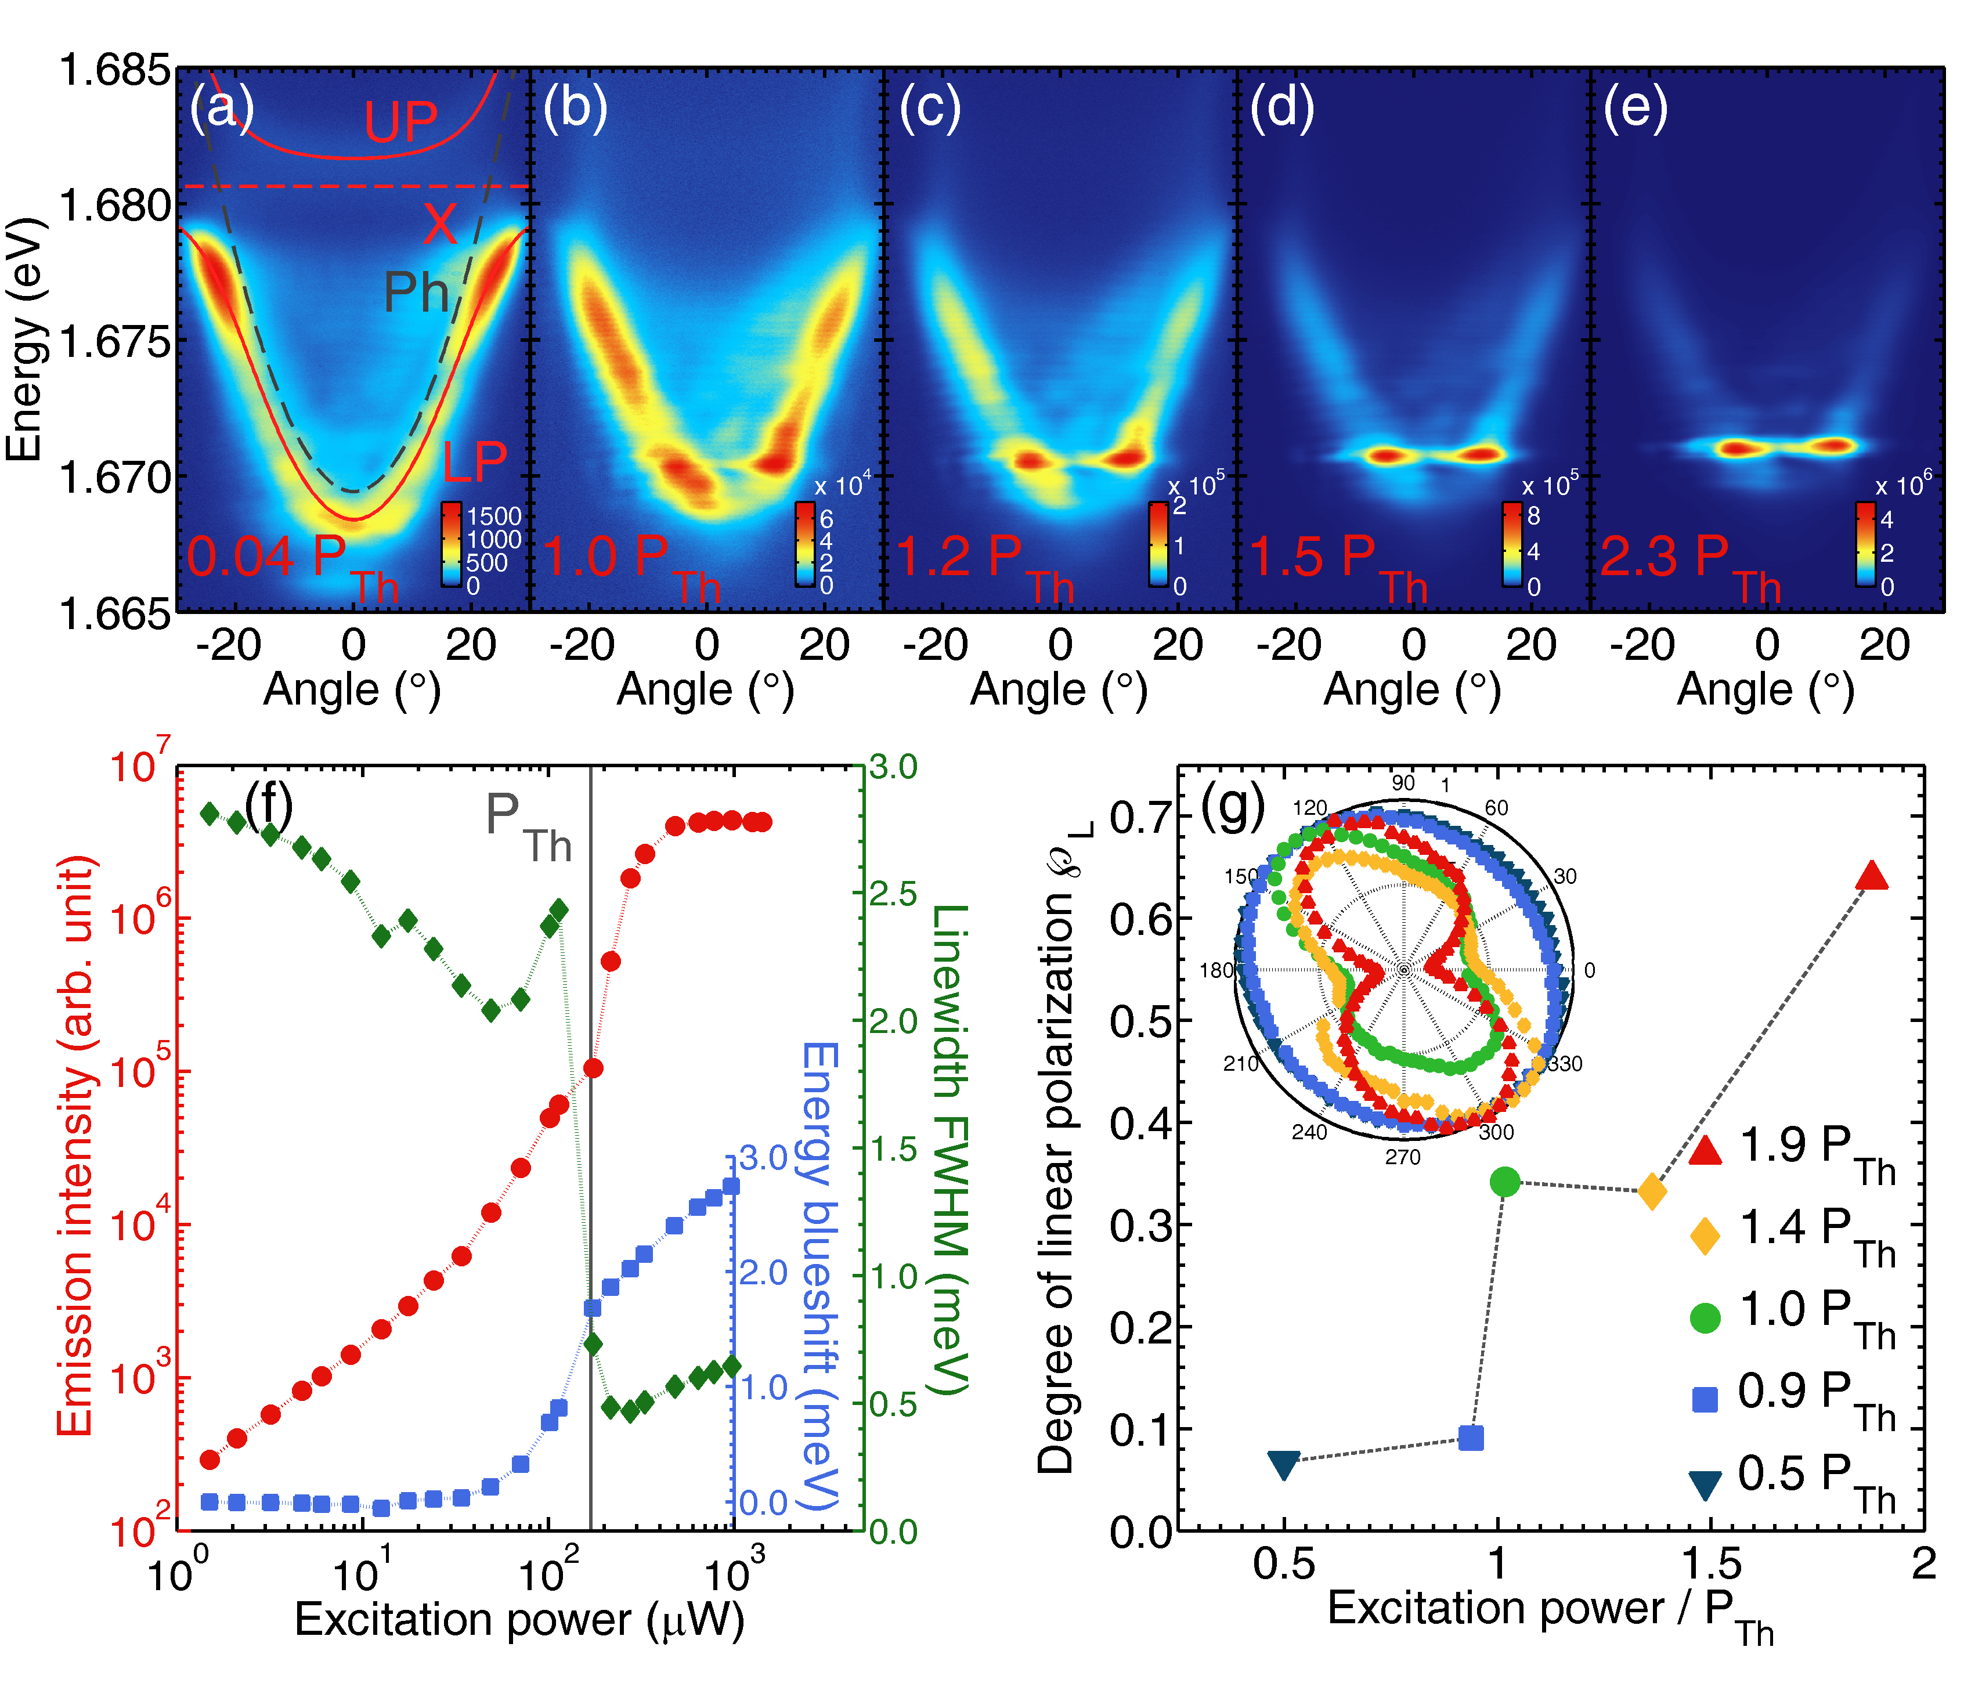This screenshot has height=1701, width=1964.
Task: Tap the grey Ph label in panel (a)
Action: point(416,292)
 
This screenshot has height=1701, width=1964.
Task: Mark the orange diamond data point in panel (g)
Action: point(1653,1191)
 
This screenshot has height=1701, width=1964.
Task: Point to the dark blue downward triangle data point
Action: point(1283,1465)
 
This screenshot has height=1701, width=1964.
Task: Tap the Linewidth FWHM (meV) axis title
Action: point(950,1149)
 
